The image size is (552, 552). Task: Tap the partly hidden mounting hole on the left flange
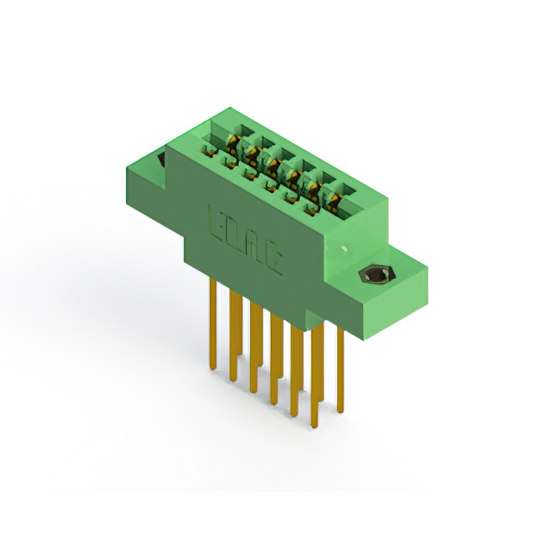pyautogui.click(x=161, y=160)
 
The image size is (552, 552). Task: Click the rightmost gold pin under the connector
pyautogui.click(x=340, y=371)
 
